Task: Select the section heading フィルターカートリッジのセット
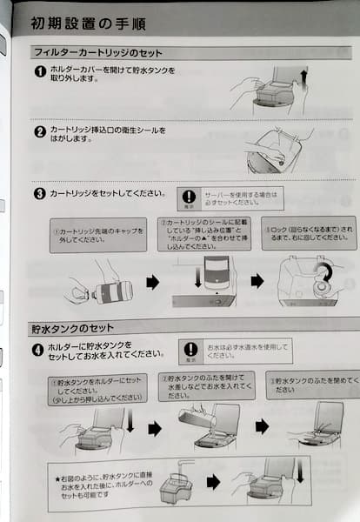point(103,53)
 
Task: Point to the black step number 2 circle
point(40,132)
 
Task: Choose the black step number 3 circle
point(40,194)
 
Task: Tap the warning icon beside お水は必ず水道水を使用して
point(192,351)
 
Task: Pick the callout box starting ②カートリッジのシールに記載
point(203,232)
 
